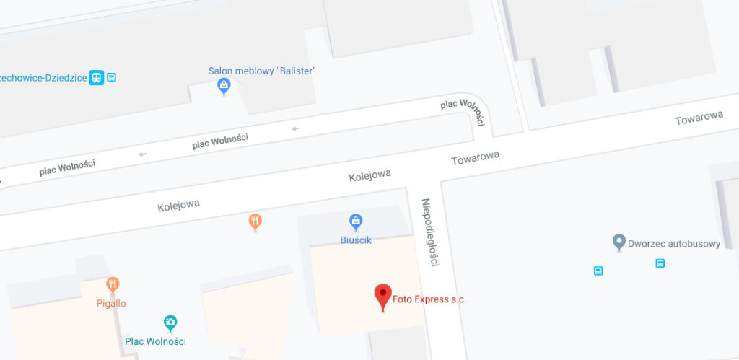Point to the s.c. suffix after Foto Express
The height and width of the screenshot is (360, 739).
point(457,299)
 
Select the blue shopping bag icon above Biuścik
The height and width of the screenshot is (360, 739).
point(355,221)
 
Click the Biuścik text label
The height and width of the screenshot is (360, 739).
point(355,240)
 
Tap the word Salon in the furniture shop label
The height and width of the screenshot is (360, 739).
point(221,71)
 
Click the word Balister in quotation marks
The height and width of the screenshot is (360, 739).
point(296,71)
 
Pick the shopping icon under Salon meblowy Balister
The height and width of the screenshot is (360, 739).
point(224,87)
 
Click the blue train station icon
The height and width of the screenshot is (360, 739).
point(97,77)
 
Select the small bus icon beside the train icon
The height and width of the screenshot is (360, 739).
point(112,77)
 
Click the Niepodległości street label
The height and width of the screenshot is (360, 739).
point(431,232)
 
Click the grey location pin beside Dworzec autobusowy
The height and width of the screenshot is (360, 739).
point(618,242)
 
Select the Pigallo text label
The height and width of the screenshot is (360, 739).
point(111,303)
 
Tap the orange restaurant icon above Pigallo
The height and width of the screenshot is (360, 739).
point(112,285)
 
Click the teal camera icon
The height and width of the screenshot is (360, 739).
point(170,322)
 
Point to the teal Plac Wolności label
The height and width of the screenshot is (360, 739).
point(156,341)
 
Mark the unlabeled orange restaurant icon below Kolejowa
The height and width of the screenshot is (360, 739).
point(255,221)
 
